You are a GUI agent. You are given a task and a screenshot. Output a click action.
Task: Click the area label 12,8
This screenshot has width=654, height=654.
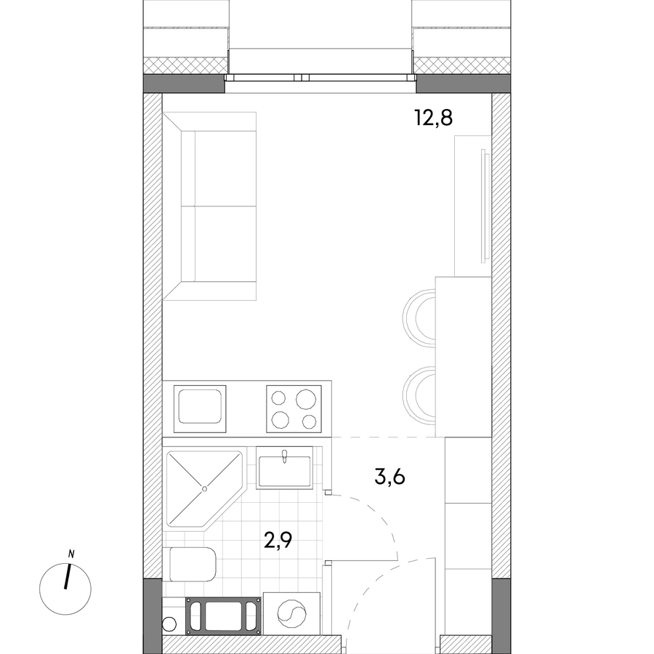point(433,118)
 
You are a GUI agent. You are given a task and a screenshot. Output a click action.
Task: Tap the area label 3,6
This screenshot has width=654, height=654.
point(389,477)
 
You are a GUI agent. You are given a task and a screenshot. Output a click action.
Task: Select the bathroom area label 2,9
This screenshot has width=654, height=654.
point(278,540)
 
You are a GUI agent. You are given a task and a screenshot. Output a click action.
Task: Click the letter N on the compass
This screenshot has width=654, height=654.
point(71,554)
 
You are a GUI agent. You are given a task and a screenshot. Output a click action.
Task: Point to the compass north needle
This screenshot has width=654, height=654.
point(68,576)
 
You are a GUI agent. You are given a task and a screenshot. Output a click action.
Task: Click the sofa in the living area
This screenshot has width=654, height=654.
point(209,206)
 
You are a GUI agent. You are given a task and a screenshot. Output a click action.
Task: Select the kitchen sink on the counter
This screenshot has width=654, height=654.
point(200,408)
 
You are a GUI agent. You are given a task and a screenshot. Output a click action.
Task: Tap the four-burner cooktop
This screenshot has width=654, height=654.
point(294,408)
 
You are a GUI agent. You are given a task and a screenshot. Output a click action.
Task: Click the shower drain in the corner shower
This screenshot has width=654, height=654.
point(204,489)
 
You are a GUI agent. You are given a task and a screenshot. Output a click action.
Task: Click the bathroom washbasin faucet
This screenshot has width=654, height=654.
point(285,456)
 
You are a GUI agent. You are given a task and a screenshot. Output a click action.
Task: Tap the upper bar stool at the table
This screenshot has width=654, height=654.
point(419,318)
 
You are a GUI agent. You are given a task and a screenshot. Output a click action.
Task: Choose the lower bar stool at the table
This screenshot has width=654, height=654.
point(419,395)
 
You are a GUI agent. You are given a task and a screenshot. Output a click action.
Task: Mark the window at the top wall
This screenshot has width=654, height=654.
point(320,78)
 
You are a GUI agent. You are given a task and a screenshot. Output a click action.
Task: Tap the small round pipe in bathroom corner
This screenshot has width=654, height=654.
point(169,624)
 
